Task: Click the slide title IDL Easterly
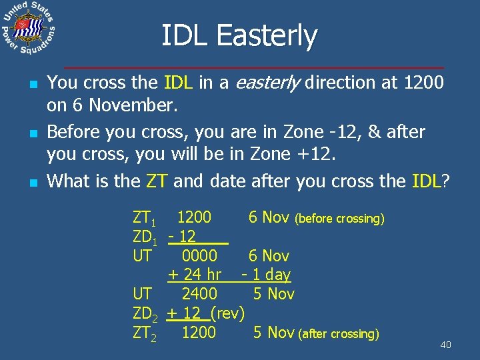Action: point(240,36)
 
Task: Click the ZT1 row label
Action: point(144,218)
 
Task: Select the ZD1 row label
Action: point(145,237)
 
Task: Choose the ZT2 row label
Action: point(145,333)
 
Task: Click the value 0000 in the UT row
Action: point(199,256)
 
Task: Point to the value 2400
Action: point(199,294)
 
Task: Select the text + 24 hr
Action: point(194,275)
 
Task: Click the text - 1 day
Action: point(266,275)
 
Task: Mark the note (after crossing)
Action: point(339,334)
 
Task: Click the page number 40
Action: point(445,345)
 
